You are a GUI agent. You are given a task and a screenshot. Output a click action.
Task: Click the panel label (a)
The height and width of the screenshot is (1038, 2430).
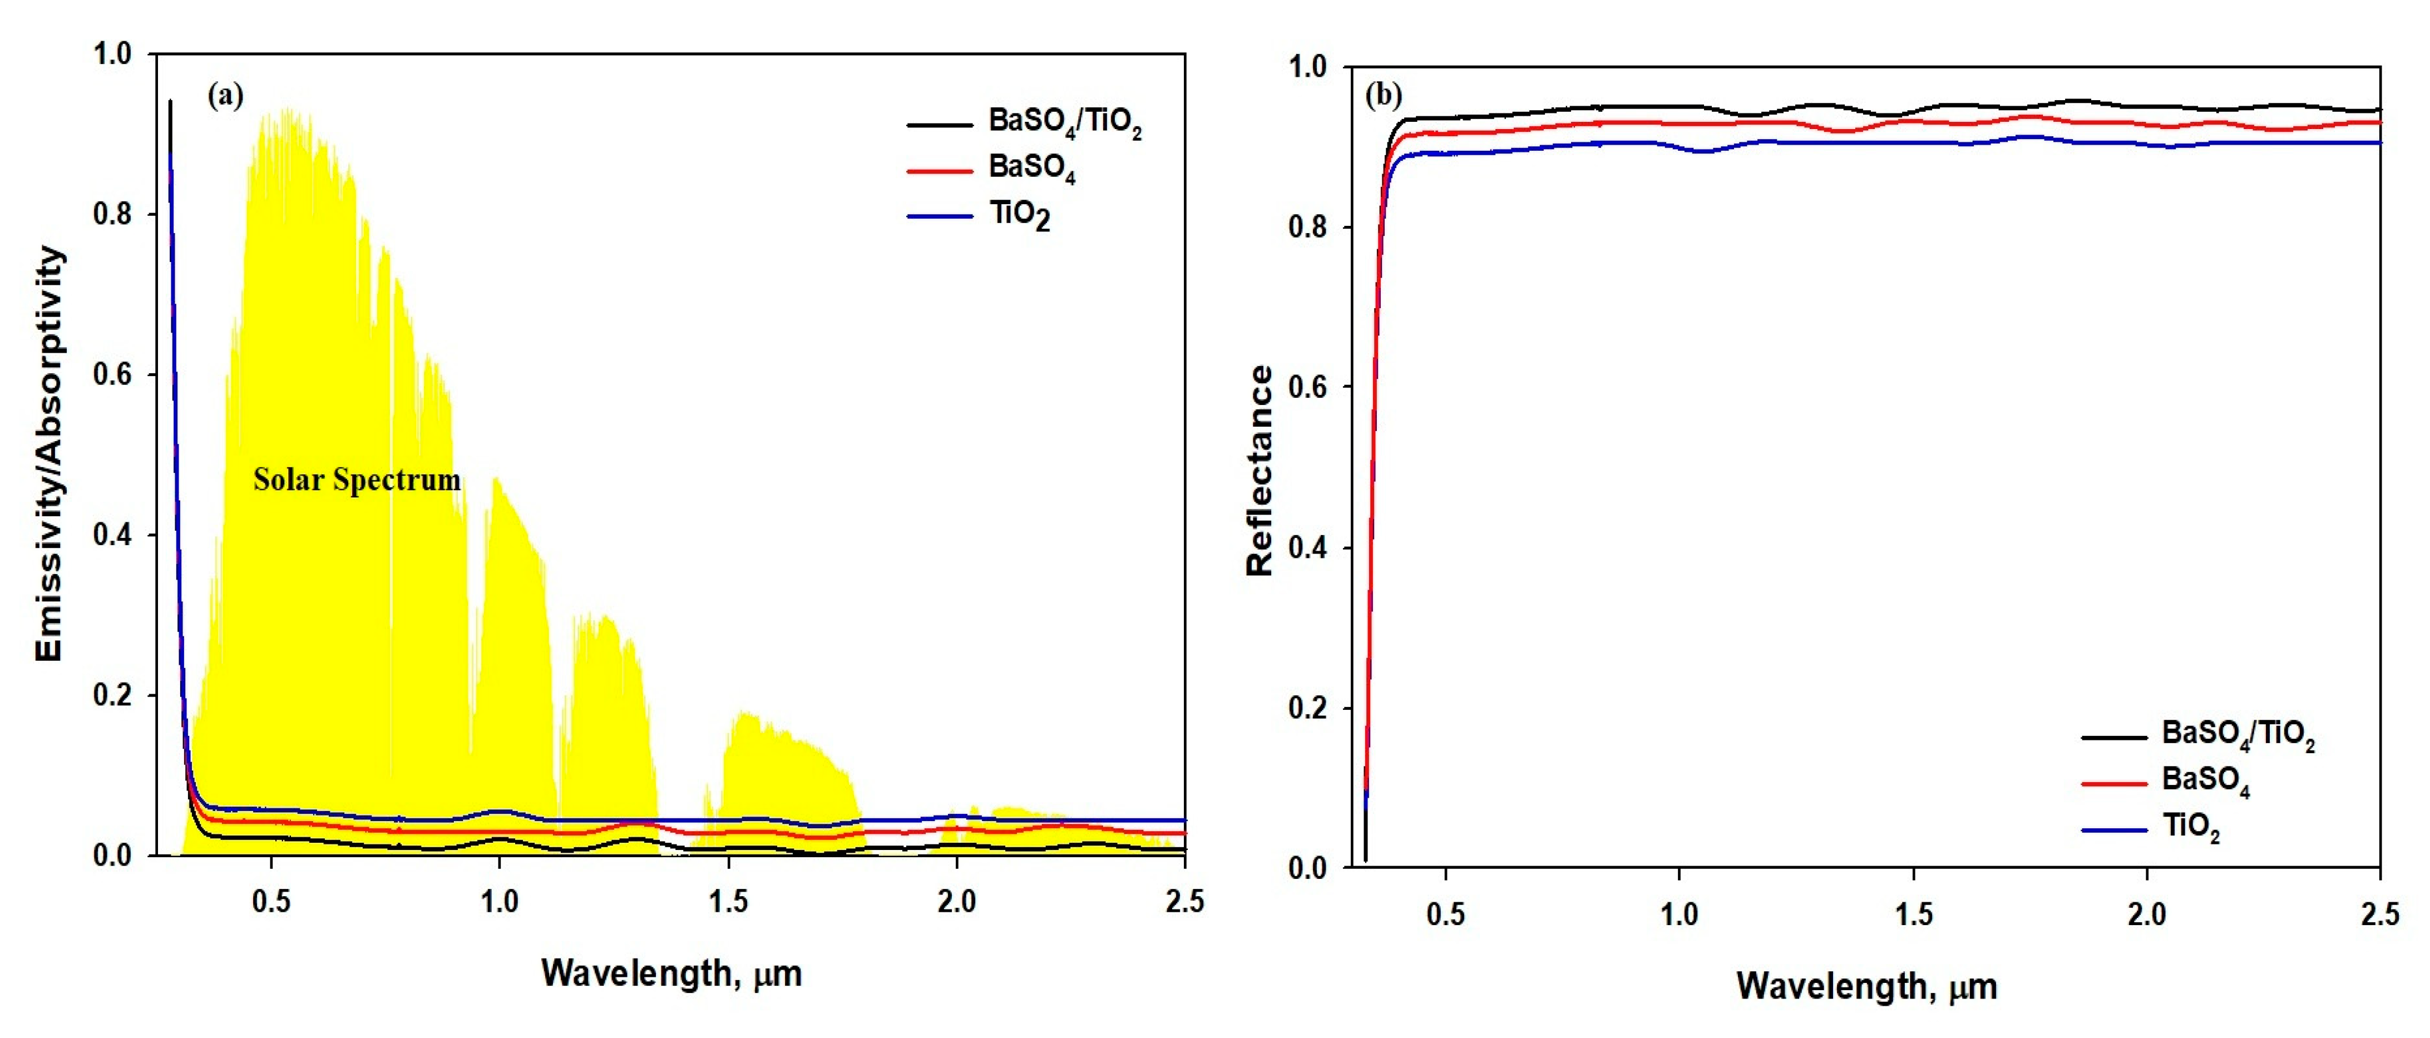coord(225,95)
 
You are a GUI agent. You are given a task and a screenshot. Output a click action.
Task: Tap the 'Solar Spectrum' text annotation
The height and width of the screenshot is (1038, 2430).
coord(357,480)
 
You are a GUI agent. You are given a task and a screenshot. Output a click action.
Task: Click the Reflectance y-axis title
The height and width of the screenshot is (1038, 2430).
coord(1260,471)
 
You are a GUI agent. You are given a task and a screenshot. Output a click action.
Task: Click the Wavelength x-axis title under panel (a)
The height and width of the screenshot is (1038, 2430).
coord(671,973)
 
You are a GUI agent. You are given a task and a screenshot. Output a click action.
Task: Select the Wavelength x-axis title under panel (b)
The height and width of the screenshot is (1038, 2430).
coord(1866,986)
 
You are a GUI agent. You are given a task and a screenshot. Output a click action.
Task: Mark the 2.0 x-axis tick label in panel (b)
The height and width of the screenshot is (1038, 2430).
coord(2146,915)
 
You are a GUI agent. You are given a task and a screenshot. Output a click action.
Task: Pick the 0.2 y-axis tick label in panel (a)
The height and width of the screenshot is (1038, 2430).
coord(112,695)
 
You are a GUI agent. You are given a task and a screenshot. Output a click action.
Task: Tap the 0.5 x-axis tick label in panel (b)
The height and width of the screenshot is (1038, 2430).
coord(1445,915)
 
